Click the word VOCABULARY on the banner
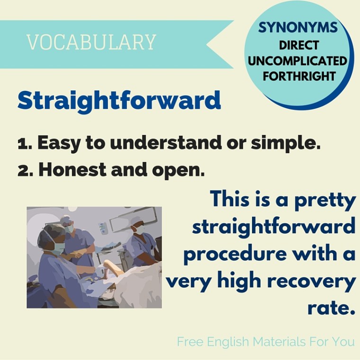91,42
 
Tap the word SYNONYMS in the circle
298,28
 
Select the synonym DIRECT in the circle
298,45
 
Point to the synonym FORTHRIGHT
298,76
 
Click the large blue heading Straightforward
119,101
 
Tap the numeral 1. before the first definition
25,143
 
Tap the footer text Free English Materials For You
266,341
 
